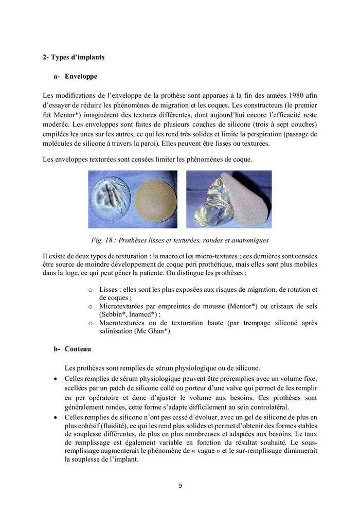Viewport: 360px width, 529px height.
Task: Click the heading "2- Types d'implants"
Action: click(73, 57)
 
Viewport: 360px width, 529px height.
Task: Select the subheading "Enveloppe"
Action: click(81, 76)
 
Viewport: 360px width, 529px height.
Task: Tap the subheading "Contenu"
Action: click(78, 349)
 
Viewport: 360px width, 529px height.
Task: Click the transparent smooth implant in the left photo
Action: click(110, 200)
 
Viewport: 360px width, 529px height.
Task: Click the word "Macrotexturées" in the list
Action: click(123, 323)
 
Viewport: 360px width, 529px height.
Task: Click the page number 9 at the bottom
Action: click(180, 485)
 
